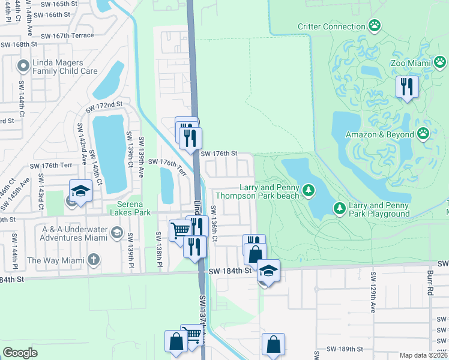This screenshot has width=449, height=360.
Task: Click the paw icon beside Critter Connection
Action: point(375,26)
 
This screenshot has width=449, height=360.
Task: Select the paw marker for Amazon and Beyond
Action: point(424,134)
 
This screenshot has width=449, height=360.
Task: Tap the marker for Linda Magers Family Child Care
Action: point(24,65)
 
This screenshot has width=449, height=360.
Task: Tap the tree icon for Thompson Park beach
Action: point(309,190)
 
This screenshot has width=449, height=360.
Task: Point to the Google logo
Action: point(20,352)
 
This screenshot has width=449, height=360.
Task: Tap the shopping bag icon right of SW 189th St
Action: point(273,344)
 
